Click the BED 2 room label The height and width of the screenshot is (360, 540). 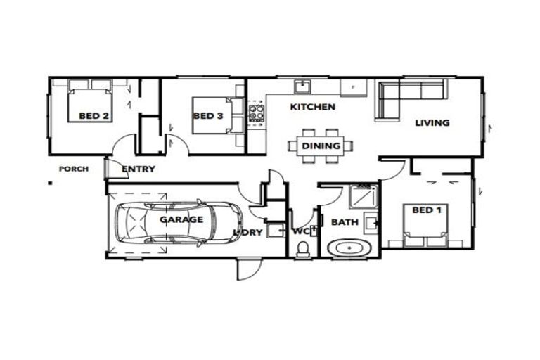pos(93,117)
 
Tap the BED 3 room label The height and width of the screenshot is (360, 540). pos(208,117)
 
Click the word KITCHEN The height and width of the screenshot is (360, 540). pos(313,107)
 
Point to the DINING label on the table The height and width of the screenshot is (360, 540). pos(321,146)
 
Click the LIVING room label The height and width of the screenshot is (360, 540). pos(432,123)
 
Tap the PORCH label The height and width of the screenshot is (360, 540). pos(73,169)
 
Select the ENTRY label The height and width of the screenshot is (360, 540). pos(139,169)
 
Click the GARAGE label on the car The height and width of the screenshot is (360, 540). pos(181,219)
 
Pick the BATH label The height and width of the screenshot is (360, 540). pos(345,222)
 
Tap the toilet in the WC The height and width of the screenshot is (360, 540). pos(303,249)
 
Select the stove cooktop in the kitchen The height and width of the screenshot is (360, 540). pos(255,114)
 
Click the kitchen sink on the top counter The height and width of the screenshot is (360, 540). pos(303,86)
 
